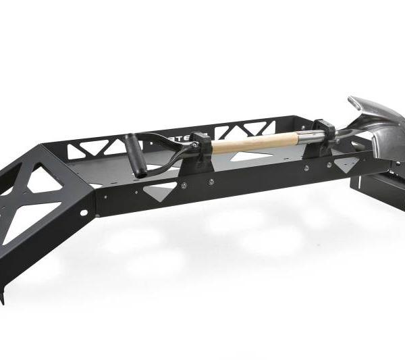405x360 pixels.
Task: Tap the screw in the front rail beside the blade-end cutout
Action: click(x=329, y=164)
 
